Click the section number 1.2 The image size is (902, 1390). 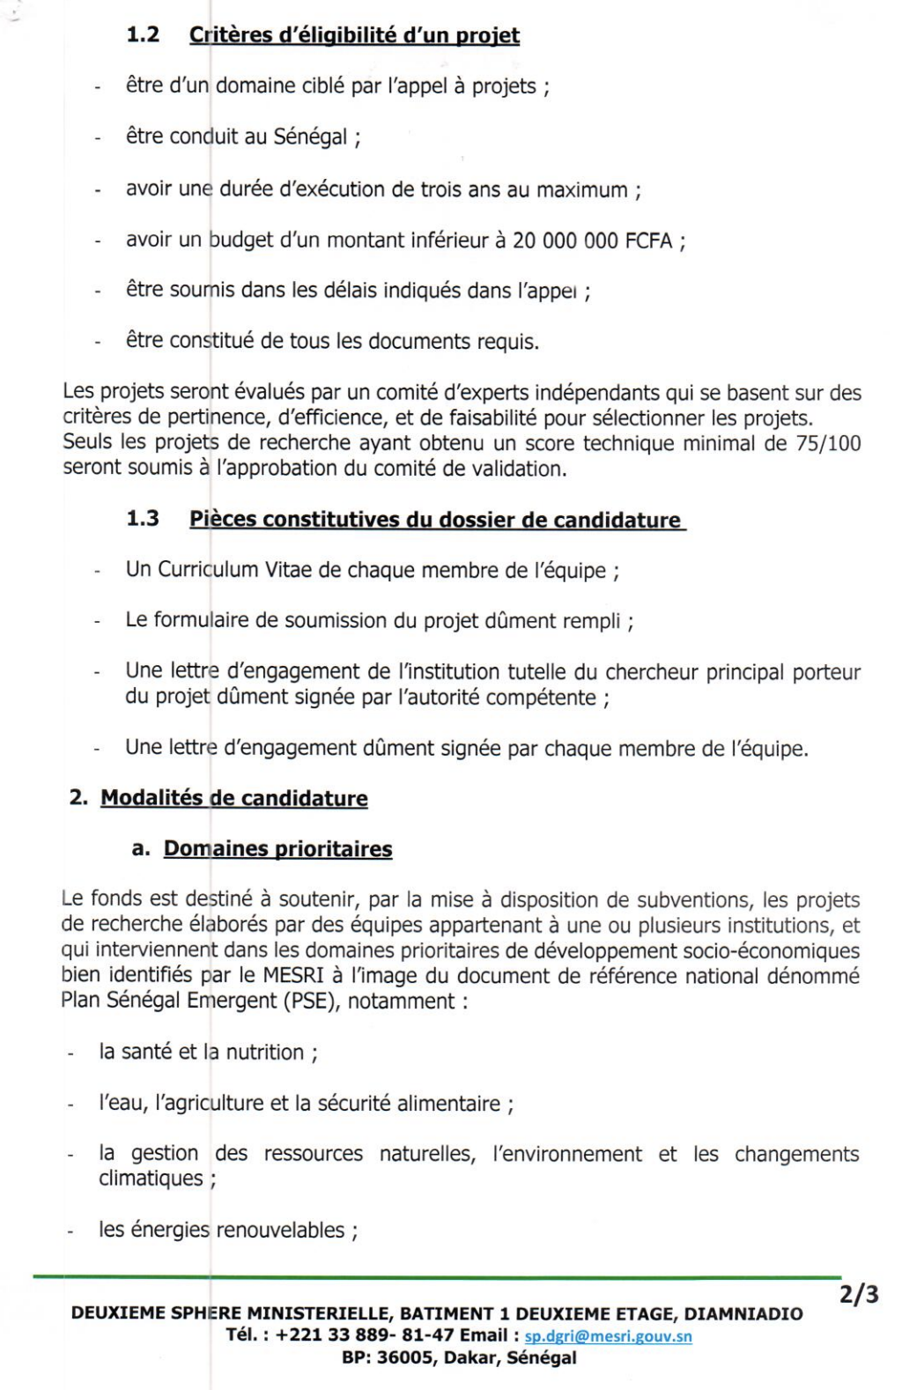click(143, 34)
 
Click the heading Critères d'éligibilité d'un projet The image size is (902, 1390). click(354, 35)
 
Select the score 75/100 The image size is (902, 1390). click(828, 443)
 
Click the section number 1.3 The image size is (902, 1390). click(143, 518)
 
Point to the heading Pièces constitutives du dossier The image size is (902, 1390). click(435, 520)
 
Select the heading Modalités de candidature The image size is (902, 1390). click(234, 798)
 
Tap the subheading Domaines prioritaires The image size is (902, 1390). click(277, 849)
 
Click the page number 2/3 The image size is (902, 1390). click(859, 1295)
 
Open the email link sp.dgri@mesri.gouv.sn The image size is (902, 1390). click(608, 1336)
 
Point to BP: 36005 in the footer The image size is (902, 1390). click(387, 1358)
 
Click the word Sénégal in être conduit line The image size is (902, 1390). click(310, 137)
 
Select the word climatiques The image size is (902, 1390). click(151, 1179)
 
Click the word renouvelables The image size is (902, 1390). click(281, 1230)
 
